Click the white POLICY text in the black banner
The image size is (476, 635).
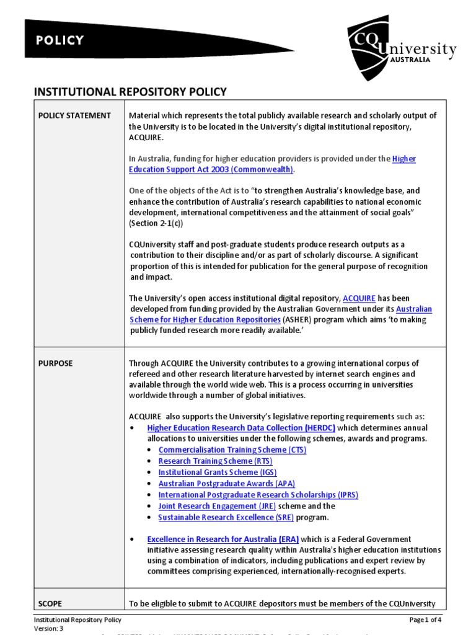(59, 41)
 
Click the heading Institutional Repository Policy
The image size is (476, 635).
(130, 92)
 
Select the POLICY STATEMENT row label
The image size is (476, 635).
(74, 115)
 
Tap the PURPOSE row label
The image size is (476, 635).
(55, 363)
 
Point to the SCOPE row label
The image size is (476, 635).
(50, 603)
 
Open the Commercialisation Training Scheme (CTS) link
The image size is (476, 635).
(232, 450)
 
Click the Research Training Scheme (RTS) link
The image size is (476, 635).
(215, 461)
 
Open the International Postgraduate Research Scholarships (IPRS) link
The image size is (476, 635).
(258, 495)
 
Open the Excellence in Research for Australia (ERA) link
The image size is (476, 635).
(230, 540)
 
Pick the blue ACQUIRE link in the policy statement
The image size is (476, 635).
(359, 298)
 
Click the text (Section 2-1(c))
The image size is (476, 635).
(156, 223)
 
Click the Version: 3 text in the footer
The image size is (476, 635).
(48, 628)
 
